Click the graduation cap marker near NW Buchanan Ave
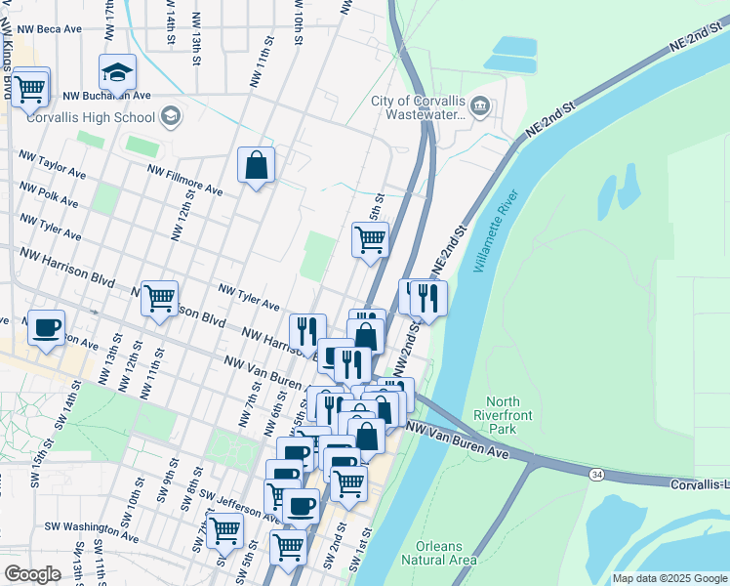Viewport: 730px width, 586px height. [x=117, y=71]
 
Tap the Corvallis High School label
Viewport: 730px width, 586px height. [x=90, y=118]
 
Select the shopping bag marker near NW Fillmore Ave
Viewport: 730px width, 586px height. [x=256, y=165]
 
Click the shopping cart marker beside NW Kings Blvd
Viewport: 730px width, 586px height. [x=30, y=86]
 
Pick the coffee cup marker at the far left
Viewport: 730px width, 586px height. [x=46, y=327]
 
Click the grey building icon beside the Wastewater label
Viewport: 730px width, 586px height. [x=480, y=105]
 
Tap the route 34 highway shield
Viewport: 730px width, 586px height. [x=596, y=474]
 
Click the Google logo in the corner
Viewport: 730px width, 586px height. [x=32, y=574]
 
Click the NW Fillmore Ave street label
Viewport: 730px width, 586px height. [x=185, y=180]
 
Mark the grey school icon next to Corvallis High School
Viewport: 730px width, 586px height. [x=171, y=117]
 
